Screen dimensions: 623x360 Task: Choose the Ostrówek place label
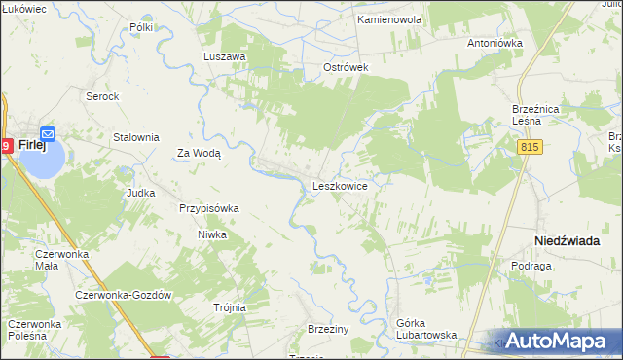pos(346,68)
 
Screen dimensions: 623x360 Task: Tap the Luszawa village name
pos(224,57)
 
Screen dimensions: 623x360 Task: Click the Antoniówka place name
pos(495,44)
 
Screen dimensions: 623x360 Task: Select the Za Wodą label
pos(199,153)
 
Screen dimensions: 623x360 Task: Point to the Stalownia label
pos(136,138)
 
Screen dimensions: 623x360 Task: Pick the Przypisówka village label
pos(209,208)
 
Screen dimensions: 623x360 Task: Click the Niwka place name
pos(212,234)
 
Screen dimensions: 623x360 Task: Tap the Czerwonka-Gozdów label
pos(124,296)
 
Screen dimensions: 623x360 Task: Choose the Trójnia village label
pos(230,307)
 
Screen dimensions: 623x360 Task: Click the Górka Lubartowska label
pos(426,329)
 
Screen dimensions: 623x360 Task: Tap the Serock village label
pos(102,97)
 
